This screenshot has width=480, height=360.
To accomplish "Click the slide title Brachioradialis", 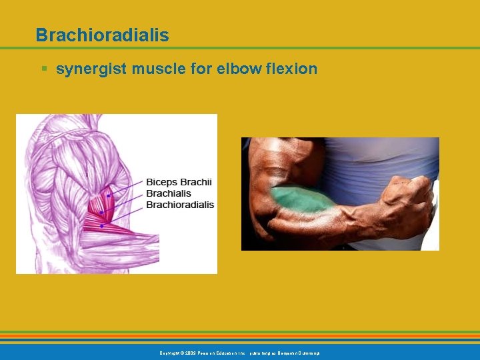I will pos(102,35).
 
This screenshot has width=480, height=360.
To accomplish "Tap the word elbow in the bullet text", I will pos(235,69).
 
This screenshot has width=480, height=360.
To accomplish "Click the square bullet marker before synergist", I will pos(44,69).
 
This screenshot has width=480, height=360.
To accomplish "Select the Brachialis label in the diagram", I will pos(168,193).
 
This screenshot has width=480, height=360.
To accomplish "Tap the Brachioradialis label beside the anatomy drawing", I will pos(180,204).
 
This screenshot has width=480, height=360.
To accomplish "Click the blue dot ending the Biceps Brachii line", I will pos(108,195).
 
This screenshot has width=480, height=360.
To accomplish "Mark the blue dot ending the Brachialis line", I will pos(101,213).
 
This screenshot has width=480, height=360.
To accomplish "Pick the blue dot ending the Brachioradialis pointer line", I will pos(101,226).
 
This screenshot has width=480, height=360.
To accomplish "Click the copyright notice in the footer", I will pos(239,352).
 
